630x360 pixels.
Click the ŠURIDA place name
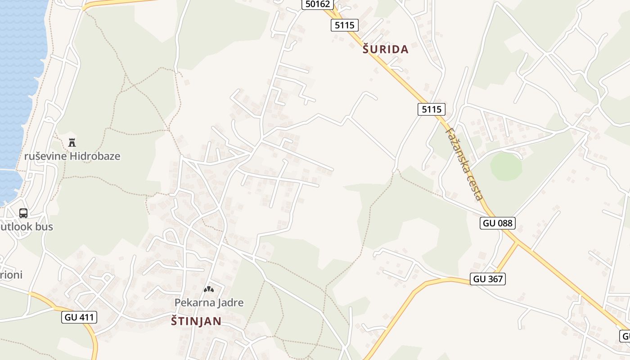coord(386,49)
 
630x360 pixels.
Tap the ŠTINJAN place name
coord(196,321)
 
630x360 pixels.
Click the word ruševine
coord(45,156)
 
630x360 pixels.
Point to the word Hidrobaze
coord(95,156)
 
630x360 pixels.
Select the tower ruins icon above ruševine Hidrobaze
coord(72,143)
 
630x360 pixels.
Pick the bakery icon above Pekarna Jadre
coord(209,289)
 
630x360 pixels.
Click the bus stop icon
coord(23,213)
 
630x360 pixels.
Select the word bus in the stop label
coord(44,226)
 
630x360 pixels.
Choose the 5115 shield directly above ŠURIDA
coord(345,25)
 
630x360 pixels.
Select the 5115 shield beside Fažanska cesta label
coord(431,109)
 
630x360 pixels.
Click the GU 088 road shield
coord(497,223)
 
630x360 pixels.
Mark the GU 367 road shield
coord(488,279)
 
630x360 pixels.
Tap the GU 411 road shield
coord(79,317)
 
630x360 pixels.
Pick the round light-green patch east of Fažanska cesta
coord(506,166)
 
